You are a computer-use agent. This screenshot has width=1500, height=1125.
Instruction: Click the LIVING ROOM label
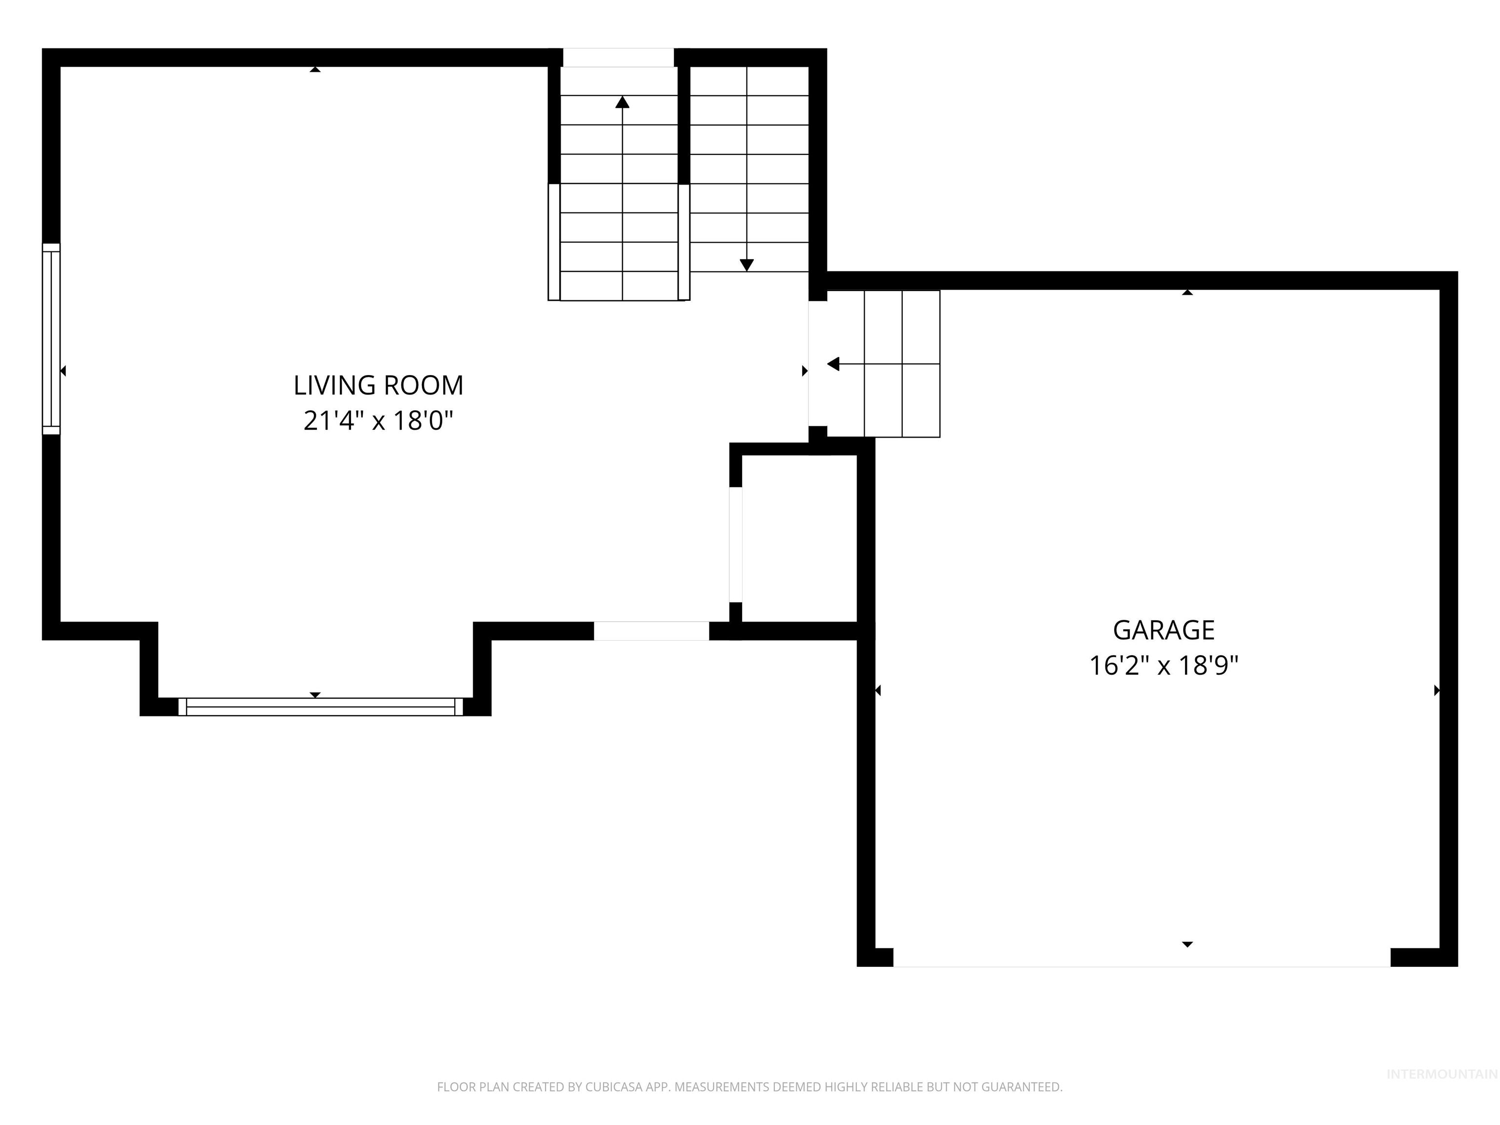[378, 385]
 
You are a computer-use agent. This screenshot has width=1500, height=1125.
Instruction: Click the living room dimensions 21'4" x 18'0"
[378, 421]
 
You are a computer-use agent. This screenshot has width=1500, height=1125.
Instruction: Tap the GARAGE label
[1164, 630]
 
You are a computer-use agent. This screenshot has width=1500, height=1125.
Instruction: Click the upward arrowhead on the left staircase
[622, 103]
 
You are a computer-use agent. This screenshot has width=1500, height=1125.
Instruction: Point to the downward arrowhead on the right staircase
[747, 265]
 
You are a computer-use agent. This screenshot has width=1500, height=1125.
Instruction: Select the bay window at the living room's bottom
[320, 707]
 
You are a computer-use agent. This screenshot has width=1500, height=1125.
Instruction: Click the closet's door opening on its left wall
[736, 544]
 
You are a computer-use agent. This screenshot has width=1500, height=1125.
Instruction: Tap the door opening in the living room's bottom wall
[652, 631]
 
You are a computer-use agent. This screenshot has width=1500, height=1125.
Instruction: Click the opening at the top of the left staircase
[619, 58]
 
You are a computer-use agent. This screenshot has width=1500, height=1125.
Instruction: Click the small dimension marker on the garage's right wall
[1436, 690]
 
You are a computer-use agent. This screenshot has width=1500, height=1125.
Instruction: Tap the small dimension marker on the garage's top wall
[1187, 292]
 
